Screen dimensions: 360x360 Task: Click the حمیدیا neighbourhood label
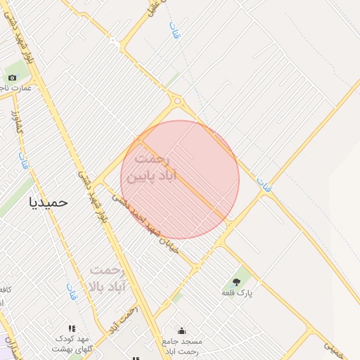(x=49, y=202)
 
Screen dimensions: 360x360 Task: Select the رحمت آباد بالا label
(x=106, y=278)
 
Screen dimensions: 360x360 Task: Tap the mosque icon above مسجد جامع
(x=181, y=330)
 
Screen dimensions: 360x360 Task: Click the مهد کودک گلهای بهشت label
(x=74, y=345)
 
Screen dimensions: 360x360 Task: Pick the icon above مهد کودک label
(x=71, y=328)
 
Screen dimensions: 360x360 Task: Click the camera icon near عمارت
(x=12, y=77)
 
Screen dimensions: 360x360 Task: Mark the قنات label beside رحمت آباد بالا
(x=72, y=290)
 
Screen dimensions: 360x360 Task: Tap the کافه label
(x=4, y=290)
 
